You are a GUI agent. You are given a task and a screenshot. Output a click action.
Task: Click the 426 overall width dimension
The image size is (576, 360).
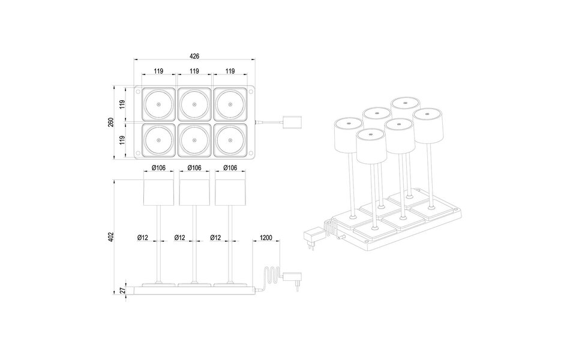click(194, 56)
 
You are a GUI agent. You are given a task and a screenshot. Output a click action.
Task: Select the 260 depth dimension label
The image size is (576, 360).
click(111, 122)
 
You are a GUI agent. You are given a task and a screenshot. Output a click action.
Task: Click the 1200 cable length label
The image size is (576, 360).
click(266, 238)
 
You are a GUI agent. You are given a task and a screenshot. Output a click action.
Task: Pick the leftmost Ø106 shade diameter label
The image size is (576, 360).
click(158, 167)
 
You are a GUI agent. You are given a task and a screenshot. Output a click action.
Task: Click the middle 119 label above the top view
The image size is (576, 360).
click(194, 71)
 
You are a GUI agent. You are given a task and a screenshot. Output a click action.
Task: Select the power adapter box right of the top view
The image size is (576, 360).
click(293, 122)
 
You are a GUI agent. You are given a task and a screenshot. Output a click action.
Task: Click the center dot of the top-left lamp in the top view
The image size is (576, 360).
click(158, 105)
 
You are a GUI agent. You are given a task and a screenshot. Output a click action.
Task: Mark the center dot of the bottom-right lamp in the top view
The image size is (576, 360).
click(230, 140)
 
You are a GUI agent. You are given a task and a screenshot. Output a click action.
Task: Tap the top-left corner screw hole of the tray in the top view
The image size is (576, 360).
click(138, 92)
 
